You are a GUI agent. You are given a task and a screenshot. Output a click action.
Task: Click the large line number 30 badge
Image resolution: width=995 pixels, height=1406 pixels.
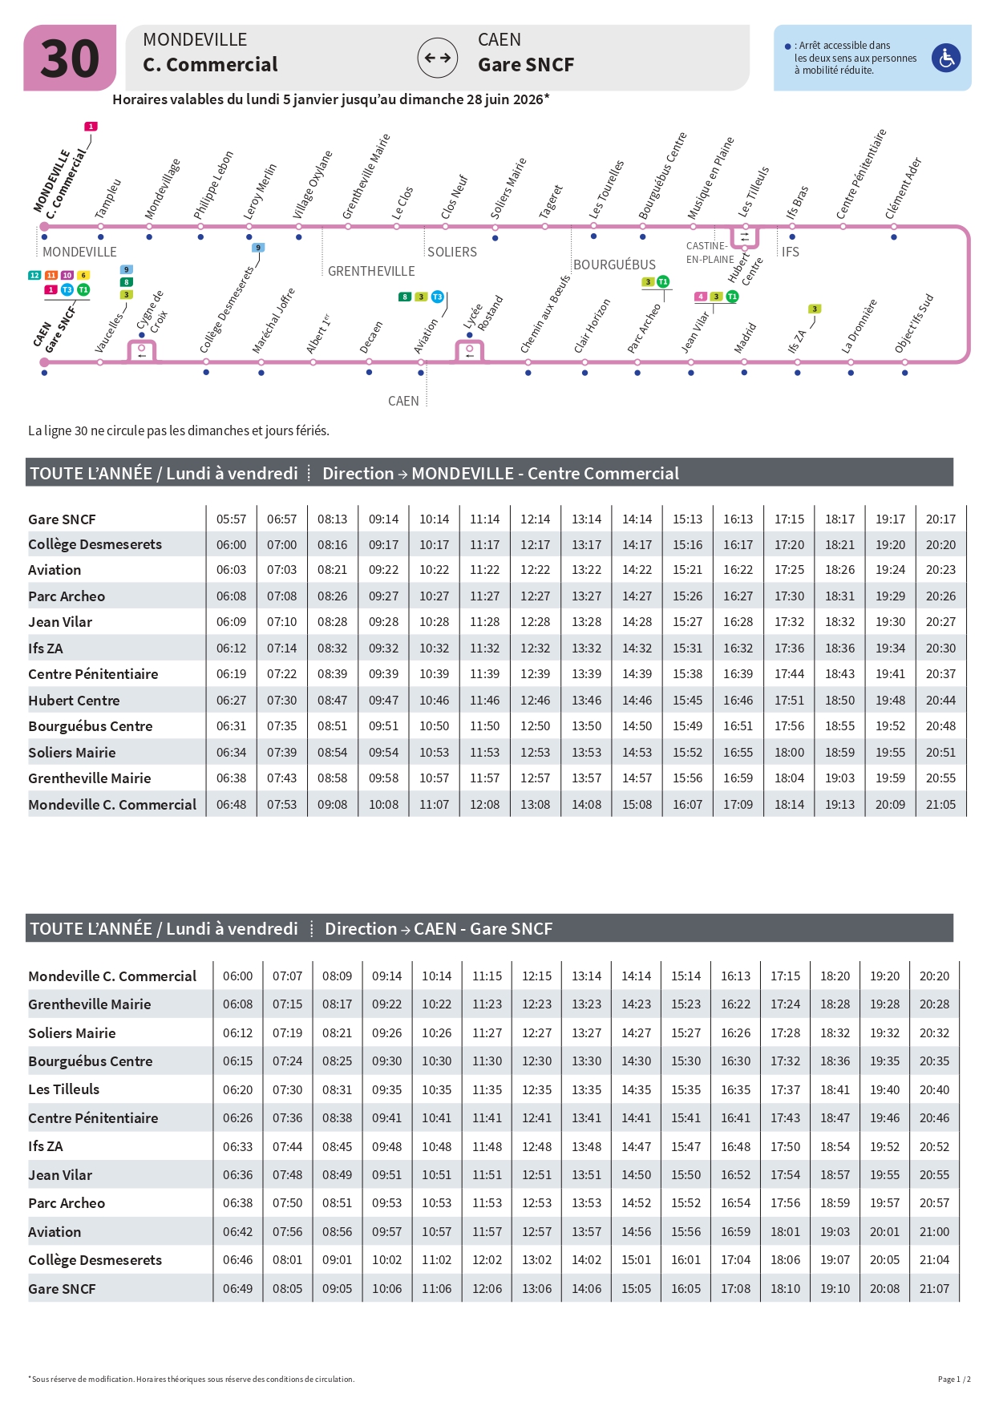click(x=70, y=59)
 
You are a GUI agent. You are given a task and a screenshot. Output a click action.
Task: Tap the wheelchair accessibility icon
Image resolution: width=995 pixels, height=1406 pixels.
click(x=946, y=58)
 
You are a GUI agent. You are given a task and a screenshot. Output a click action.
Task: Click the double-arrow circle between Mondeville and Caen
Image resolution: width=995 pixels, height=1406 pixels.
click(x=438, y=58)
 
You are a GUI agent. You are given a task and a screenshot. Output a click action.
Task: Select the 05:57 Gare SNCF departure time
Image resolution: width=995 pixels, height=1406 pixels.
click(x=231, y=519)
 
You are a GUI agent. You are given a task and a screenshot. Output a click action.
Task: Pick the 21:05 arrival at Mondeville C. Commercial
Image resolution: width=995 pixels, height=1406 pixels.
click(x=940, y=804)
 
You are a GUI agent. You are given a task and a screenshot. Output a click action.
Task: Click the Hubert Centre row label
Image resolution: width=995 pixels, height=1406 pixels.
click(x=74, y=700)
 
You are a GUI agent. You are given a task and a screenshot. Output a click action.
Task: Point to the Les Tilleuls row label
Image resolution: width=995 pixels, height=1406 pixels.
click(x=64, y=1089)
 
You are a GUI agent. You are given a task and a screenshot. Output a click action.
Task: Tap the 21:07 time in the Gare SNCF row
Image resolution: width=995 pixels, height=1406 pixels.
click(x=934, y=1288)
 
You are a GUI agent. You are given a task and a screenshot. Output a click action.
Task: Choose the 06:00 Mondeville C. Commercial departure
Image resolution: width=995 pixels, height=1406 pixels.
click(x=237, y=976)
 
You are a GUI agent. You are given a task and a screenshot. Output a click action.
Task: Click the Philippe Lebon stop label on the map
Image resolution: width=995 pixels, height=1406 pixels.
click(x=213, y=185)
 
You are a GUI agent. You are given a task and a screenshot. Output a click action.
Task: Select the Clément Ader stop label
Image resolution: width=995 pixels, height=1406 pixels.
click(x=904, y=188)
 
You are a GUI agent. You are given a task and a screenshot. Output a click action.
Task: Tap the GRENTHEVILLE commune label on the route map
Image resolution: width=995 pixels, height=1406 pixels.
click(x=371, y=271)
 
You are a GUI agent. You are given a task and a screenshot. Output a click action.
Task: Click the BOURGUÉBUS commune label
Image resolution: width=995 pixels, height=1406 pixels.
click(x=614, y=265)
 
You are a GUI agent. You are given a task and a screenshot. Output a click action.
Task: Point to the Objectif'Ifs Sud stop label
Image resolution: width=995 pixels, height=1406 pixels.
click(x=914, y=324)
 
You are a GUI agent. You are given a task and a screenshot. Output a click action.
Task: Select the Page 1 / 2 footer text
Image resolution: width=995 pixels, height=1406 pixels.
click(x=954, y=1379)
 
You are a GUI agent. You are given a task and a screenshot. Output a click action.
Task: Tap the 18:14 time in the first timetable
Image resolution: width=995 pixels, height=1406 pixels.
click(x=789, y=804)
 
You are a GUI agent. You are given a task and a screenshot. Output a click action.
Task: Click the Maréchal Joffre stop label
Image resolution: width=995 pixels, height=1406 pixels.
click(x=273, y=321)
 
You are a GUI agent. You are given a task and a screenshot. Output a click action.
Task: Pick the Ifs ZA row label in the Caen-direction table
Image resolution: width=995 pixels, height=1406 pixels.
click(x=46, y=1146)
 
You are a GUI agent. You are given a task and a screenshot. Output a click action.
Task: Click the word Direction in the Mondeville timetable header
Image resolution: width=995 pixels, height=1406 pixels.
click(x=358, y=473)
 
